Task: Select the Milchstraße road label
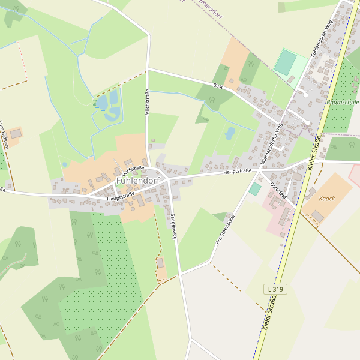coord(147,102)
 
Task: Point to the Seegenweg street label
coord(174,227)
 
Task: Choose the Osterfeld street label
coord(279,190)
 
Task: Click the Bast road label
coord(218,87)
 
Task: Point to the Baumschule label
coord(343,103)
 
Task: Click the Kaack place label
coord(327,198)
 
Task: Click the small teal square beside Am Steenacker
coord(255,189)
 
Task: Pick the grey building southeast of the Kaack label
coord(317,216)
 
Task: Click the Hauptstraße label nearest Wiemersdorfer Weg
coord(237,172)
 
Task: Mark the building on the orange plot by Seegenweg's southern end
coord(160,263)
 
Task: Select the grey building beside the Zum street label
coord(15,133)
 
